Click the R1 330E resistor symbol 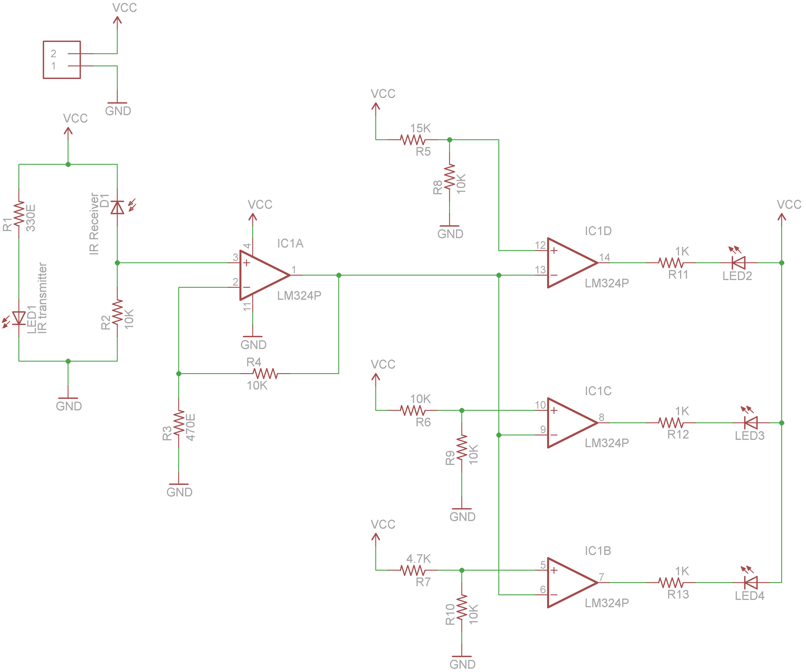tap(19, 214)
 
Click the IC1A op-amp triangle tap(265, 275)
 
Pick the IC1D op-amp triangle tap(573, 263)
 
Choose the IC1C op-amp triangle tap(573, 422)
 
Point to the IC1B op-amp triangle tap(573, 583)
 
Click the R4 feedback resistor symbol tap(265, 373)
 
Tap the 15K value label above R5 tap(420, 128)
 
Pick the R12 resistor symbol tap(671, 422)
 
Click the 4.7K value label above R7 tap(418, 558)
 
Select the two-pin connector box tap(62, 60)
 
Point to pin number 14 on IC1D tap(604, 257)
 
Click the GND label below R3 tap(179, 492)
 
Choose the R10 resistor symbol tap(462, 607)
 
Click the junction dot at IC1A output tap(339, 275)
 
